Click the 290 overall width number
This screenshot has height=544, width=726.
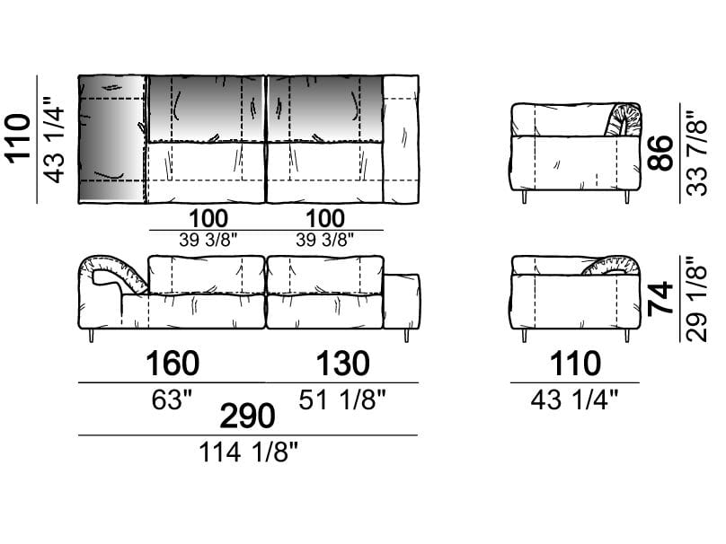(x=247, y=416)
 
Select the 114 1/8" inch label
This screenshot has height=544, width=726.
(x=248, y=452)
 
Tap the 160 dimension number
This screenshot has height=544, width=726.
(x=173, y=364)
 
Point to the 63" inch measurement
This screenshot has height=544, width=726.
(x=172, y=399)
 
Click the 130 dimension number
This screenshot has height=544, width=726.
(x=342, y=364)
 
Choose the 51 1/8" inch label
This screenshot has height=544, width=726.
(x=341, y=399)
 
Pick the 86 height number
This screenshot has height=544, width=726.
(x=660, y=154)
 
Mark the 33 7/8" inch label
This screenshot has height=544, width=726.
(x=697, y=154)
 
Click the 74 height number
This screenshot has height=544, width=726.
(x=660, y=298)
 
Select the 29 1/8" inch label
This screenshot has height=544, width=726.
(x=697, y=298)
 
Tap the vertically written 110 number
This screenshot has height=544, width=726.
(x=19, y=139)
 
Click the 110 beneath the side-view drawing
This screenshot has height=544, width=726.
(x=575, y=364)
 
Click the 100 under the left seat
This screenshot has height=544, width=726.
(x=208, y=218)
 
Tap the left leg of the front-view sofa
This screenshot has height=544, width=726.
(x=92, y=336)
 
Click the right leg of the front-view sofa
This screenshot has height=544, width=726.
(x=407, y=336)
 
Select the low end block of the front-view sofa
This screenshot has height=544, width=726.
(x=402, y=301)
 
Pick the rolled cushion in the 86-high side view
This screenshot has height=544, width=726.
(x=623, y=119)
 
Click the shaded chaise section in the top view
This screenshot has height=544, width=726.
(x=112, y=139)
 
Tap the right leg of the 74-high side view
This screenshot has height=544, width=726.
(x=627, y=336)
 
